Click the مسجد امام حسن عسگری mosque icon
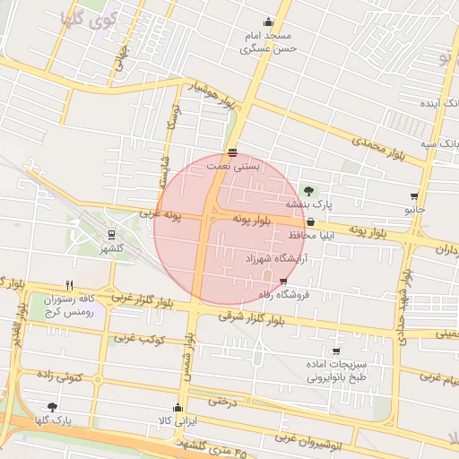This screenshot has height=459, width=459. click(x=268, y=22)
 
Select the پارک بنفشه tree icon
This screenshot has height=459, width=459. click(x=309, y=190)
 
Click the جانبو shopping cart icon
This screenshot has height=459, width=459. click(x=413, y=195)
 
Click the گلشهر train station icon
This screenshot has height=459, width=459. click(x=111, y=235)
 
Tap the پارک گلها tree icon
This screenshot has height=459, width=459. click(x=52, y=406)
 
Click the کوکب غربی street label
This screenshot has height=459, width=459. click(x=134, y=339)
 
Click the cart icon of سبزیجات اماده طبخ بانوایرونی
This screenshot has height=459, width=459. click(x=336, y=351)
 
